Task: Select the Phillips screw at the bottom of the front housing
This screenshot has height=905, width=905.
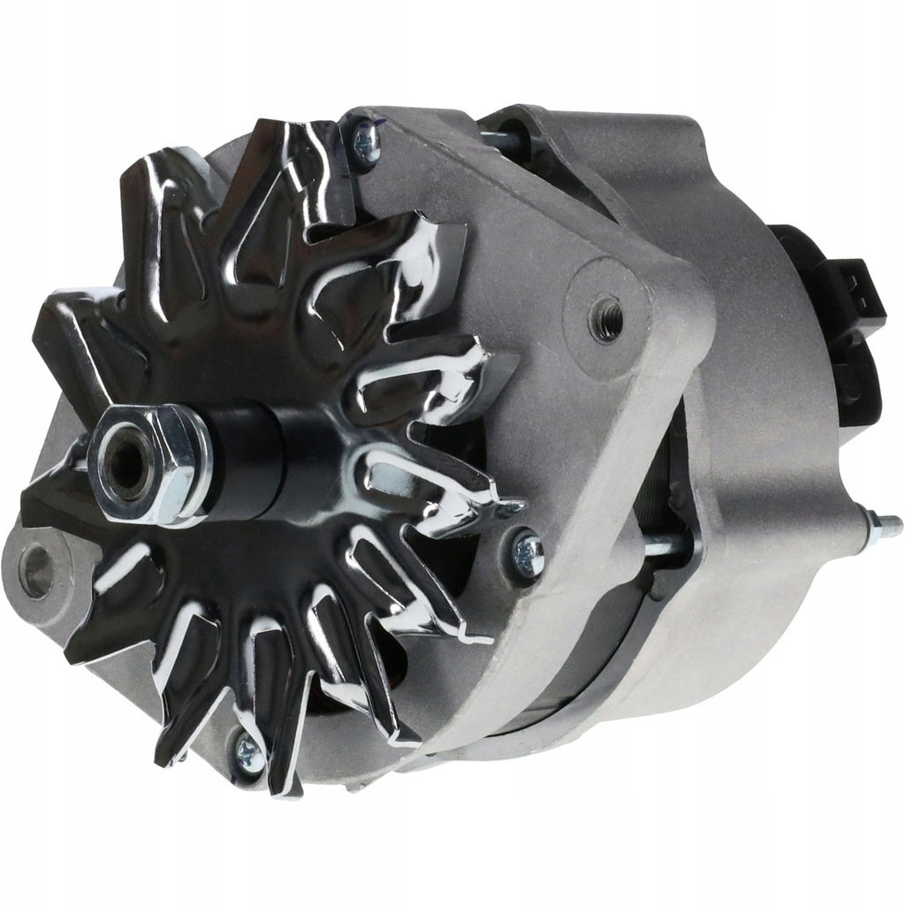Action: tap(250, 754)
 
